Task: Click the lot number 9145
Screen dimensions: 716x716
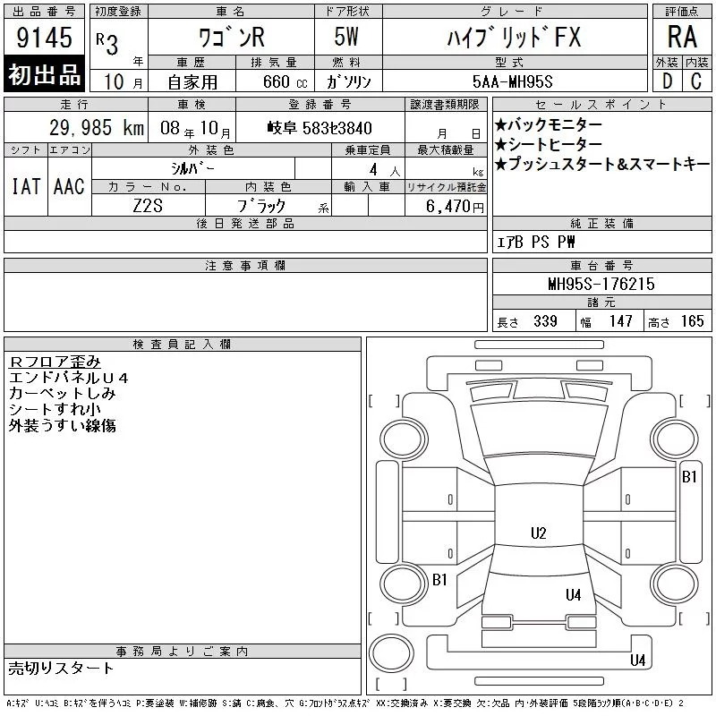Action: click(x=44, y=38)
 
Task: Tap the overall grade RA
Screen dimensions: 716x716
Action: click(x=682, y=37)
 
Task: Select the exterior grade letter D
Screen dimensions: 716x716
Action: click(x=667, y=81)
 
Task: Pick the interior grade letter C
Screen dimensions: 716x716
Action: click(x=696, y=81)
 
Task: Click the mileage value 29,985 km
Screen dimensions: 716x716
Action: click(x=97, y=128)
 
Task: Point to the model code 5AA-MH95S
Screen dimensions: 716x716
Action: click(x=512, y=81)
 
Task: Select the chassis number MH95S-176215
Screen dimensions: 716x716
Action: click(x=601, y=284)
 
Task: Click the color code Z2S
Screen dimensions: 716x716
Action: click(x=148, y=206)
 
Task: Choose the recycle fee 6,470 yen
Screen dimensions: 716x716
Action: click(x=455, y=207)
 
